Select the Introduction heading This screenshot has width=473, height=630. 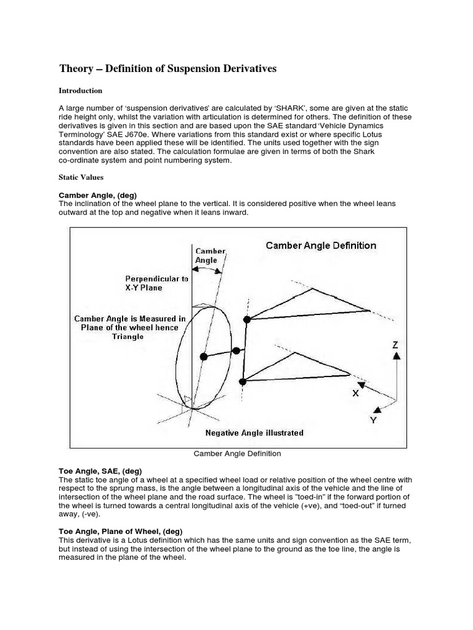80,90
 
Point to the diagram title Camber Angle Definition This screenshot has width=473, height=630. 321,245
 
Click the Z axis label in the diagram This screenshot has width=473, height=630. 396,345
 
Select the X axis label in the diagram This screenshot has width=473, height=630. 355,393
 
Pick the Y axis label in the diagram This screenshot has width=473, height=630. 373,420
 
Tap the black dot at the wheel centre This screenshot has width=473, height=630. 204,356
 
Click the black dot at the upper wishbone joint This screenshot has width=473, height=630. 247,319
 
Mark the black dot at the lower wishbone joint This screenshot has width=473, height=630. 243,382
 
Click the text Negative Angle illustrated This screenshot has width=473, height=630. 254,433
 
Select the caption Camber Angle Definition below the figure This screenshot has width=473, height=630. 237,453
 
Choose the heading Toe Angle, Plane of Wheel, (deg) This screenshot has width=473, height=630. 120,531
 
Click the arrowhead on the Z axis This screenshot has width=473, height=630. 396,356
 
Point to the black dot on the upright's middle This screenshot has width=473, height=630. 235,351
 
